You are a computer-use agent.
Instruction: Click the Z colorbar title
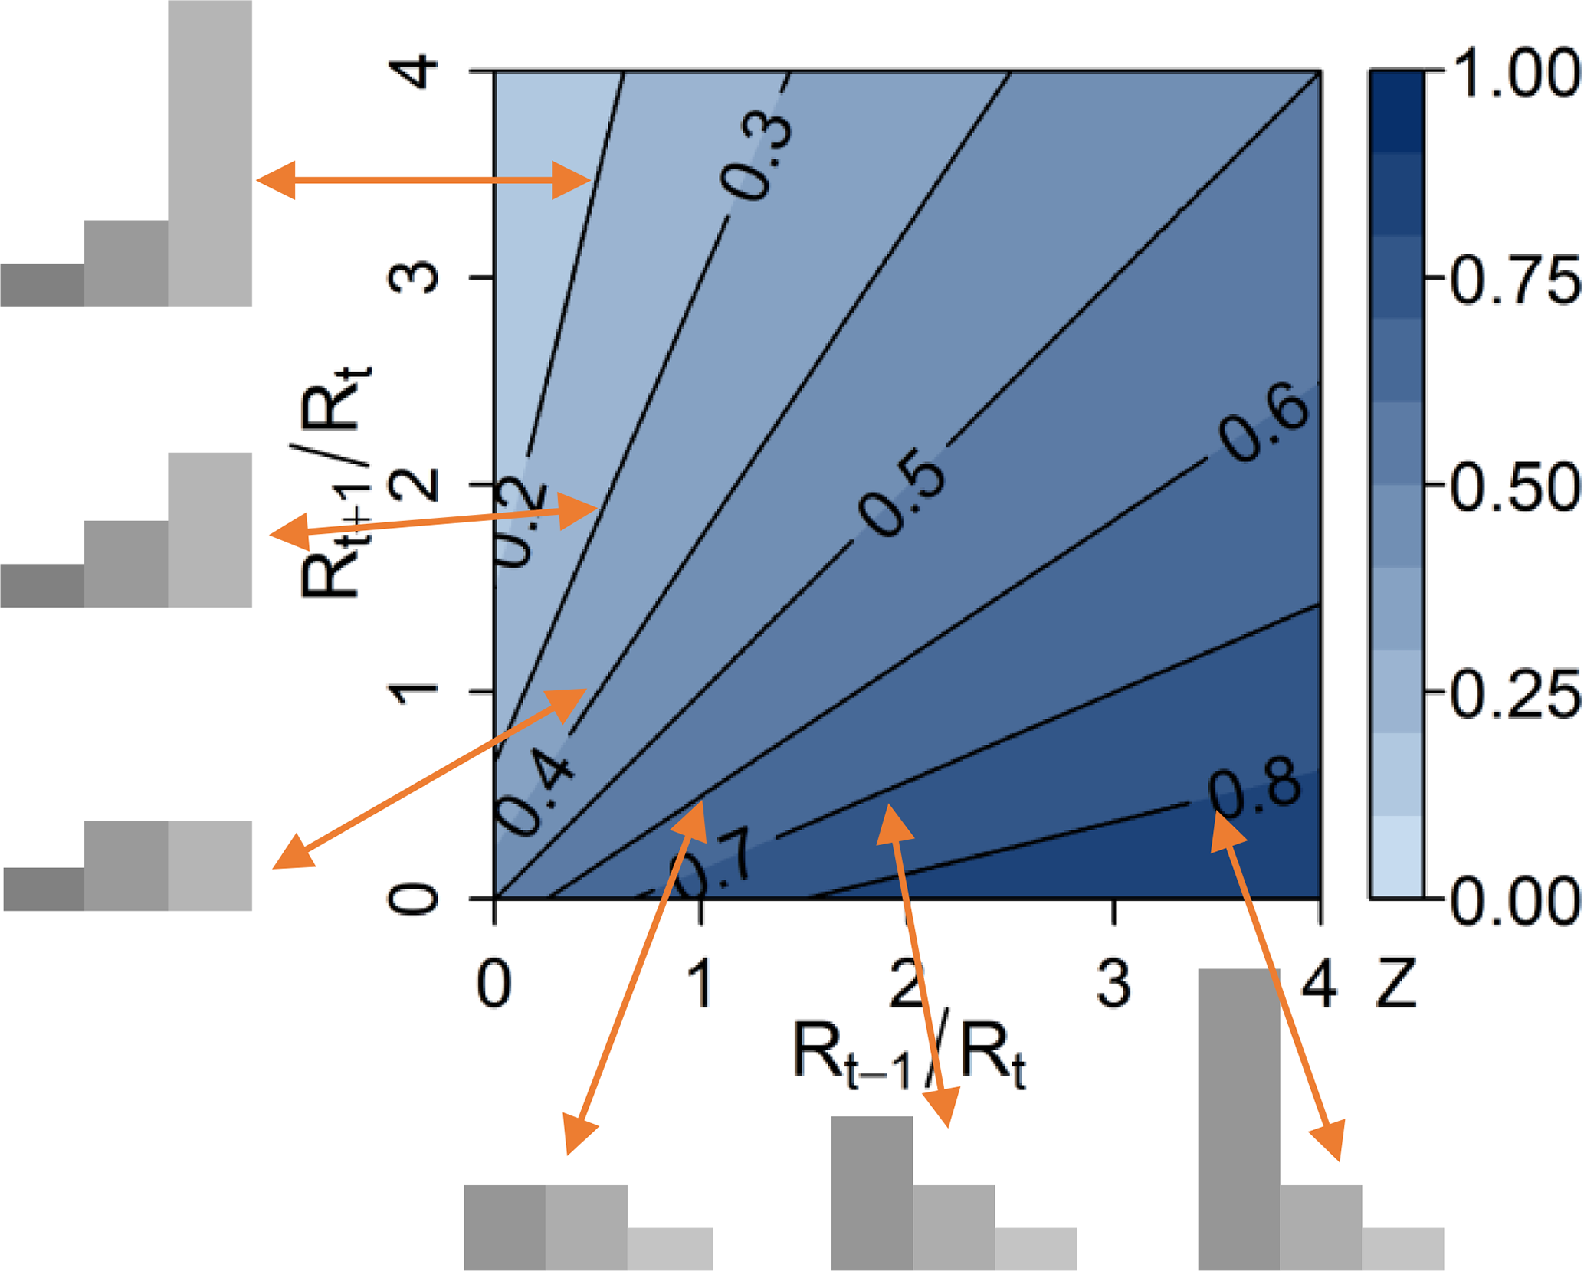(x=1396, y=983)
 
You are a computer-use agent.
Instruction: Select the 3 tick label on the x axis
(x=1113, y=983)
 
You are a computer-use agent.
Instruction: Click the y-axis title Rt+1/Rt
(x=333, y=483)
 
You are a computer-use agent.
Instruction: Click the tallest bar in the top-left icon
(x=210, y=153)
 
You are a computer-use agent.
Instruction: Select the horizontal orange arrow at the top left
(x=423, y=181)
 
